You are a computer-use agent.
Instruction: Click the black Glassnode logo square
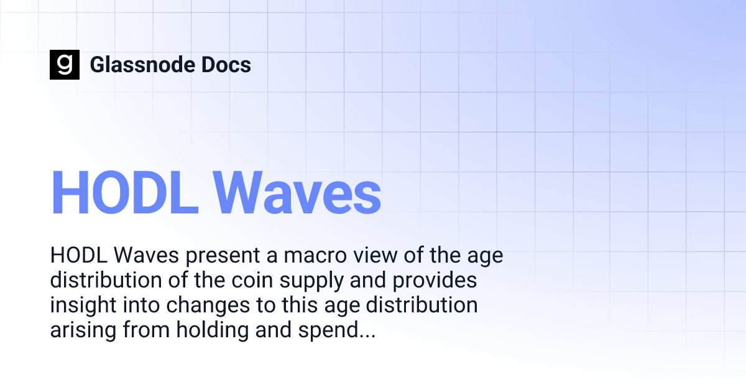pos(65,64)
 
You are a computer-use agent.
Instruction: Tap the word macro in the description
pos(292,256)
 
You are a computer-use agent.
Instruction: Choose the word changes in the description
pos(203,306)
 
